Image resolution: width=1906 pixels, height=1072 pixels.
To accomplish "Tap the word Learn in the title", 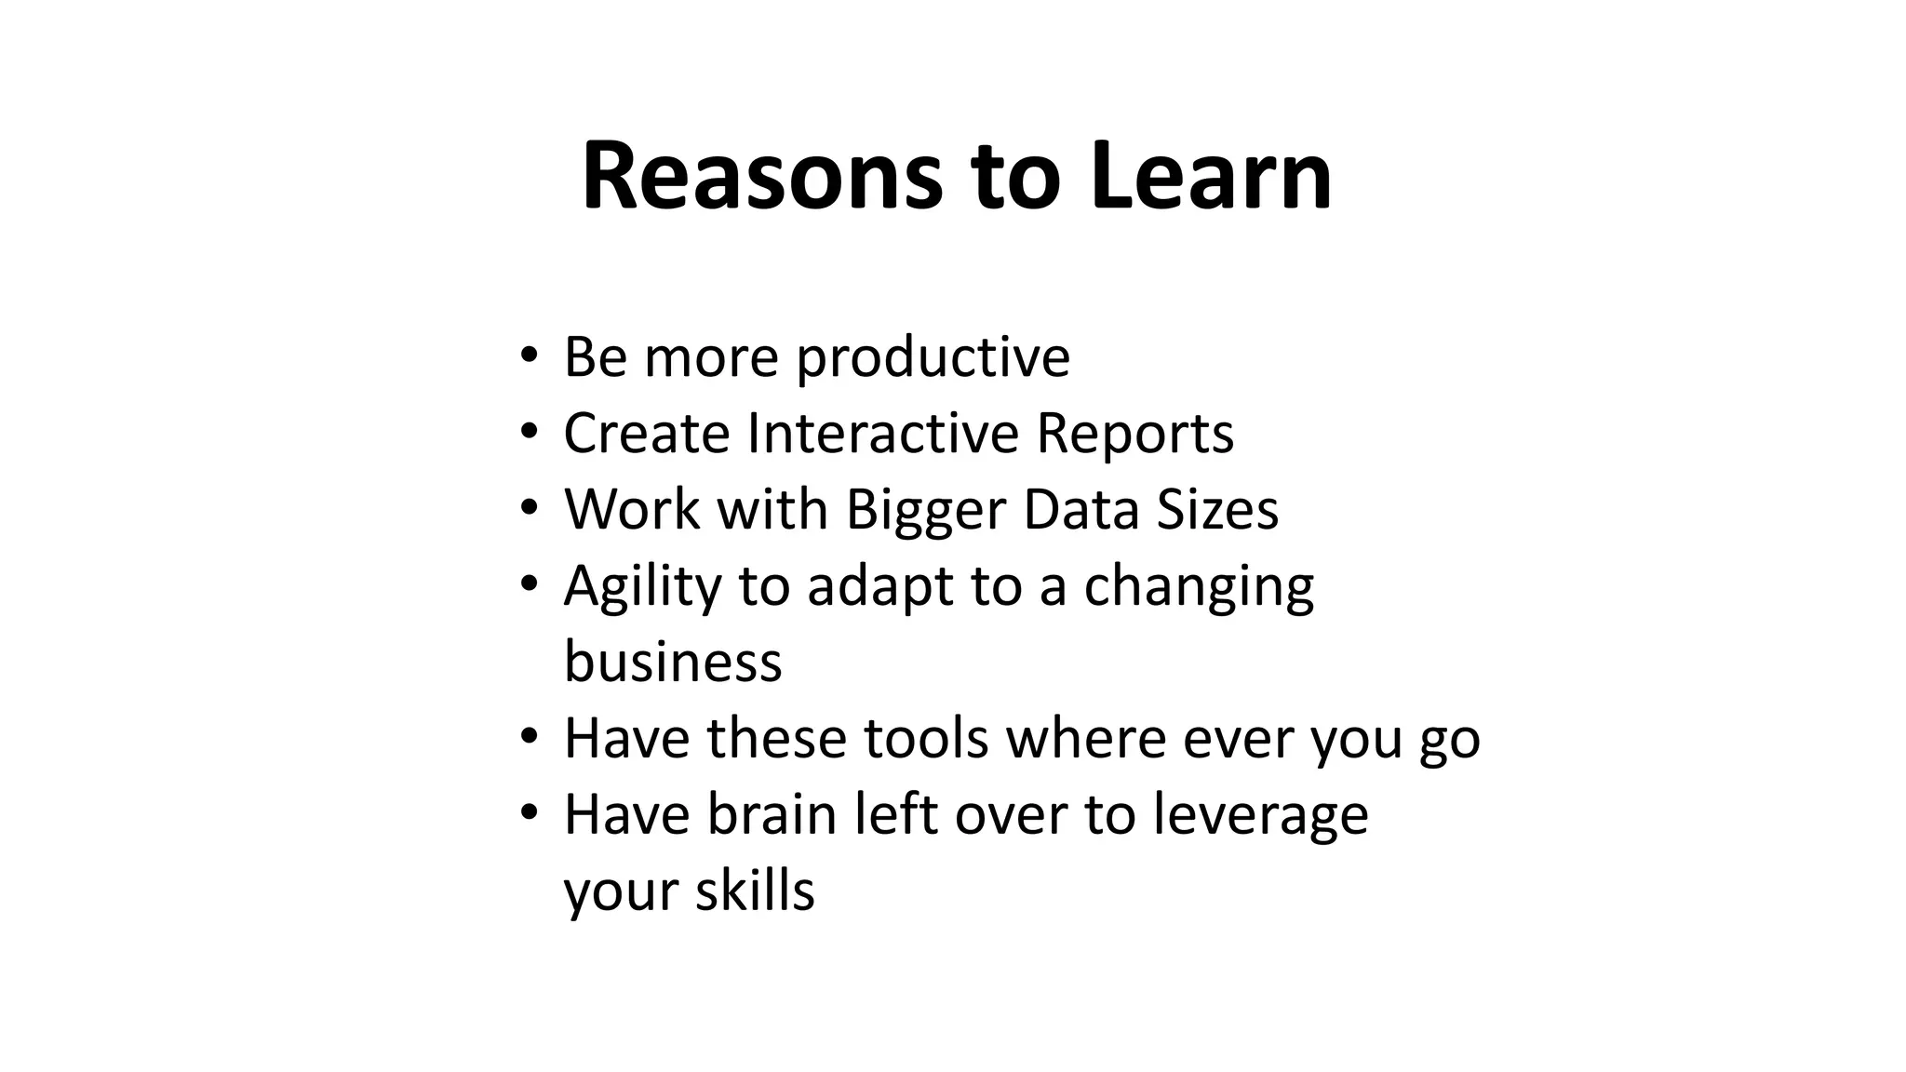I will tap(1211, 177).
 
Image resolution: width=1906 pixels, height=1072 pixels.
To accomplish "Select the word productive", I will tap(933, 357).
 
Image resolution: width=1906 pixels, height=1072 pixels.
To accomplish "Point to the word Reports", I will tap(1134, 434).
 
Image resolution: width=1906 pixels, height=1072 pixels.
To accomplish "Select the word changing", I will tap(1199, 586).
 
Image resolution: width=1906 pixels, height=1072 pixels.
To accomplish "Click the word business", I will tap(673, 663).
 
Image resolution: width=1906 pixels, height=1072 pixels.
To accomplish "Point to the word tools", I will tap(926, 739).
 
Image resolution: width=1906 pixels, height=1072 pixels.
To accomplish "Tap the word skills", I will tap(755, 891).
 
